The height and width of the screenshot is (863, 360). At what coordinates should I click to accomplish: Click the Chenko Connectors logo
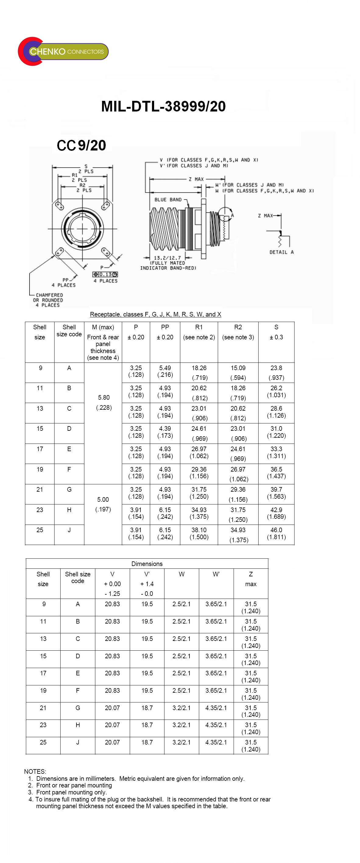63,51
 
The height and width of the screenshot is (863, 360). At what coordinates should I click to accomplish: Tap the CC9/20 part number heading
81,145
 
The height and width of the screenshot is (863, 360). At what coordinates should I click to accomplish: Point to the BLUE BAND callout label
168,200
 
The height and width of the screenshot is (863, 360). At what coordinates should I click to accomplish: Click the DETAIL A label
281,252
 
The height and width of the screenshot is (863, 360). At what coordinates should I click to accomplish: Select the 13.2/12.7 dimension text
167,258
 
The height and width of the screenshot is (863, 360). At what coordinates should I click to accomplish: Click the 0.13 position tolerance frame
105,274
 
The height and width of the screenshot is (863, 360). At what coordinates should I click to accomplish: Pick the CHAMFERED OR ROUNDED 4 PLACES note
48,300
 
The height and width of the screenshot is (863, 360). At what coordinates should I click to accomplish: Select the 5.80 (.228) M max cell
104,402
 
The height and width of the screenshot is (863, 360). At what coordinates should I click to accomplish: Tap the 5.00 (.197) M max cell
103,504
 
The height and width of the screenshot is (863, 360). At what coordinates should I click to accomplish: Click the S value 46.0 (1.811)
276,533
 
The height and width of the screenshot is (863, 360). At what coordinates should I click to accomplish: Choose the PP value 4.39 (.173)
165,432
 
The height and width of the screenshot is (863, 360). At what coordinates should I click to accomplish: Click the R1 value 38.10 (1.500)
199,533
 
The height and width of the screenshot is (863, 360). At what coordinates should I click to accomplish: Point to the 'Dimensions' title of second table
147,564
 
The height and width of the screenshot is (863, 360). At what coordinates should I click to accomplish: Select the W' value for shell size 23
216,725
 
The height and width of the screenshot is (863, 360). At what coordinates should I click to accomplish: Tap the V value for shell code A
112,604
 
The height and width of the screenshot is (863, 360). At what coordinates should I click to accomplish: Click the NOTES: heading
35,772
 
